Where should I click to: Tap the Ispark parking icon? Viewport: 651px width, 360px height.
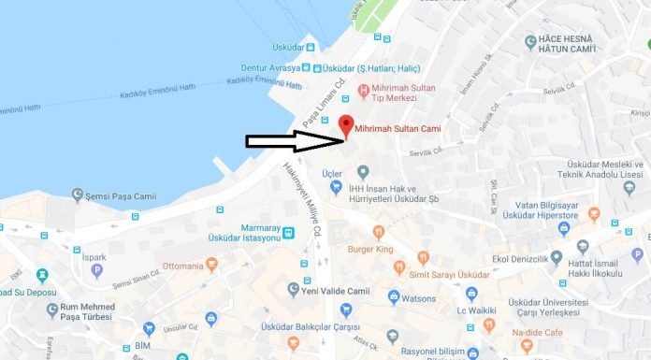click(x=97, y=271)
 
